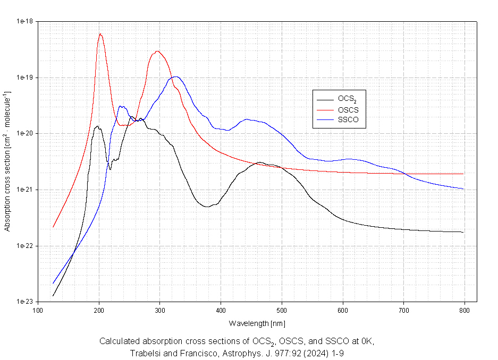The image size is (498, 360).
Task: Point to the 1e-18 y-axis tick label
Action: pyautogui.click(x=25, y=22)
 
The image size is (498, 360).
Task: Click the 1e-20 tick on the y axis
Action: pyautogui.click(x=25, y=134)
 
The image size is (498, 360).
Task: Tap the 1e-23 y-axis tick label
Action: pyautogui.click(x=25, y=302)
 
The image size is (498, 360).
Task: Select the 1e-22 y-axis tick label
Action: pyautogui.click(x=25, y=246)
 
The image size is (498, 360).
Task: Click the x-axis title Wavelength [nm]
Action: pyautogui.click(x=257, y=323)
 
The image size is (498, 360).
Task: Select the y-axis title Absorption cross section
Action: pyautogui.click(x=7, y=161)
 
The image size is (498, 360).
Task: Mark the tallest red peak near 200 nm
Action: pyautogui.click(x=100, y=34)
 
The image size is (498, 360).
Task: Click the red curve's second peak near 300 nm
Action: pyautogui.click(x=157, y=51)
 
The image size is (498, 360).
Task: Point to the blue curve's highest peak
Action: pyautogui.click(x=175, y=76)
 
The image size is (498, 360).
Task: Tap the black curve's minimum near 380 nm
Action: pyautogui.click(x=206, y=207)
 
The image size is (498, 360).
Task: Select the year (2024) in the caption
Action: pyautogui.click(x=308, y=353)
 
